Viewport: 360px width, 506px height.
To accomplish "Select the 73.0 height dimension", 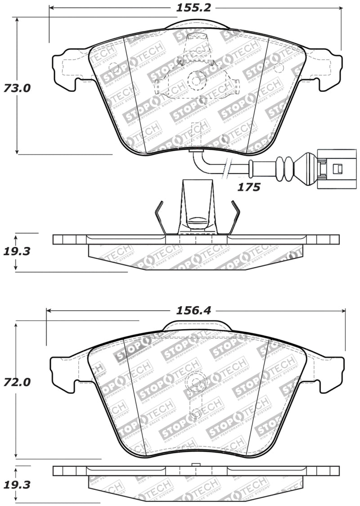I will (17, 88).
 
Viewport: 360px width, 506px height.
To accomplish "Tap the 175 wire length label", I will (249, 187).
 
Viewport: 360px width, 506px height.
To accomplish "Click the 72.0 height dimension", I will (17, 383).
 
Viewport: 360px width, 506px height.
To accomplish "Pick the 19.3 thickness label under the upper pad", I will (17, 251).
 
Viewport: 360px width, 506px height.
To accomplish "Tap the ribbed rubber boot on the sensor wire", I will (284, 169).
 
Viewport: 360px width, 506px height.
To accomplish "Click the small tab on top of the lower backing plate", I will (195, 465).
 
